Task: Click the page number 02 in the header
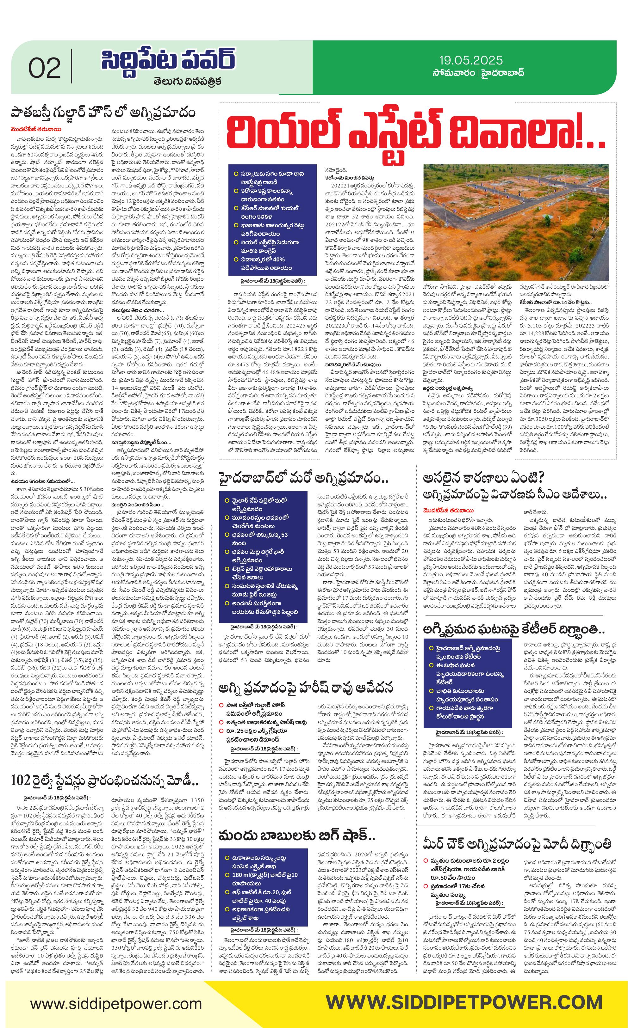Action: tap(44, 68)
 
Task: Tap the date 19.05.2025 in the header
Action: tap(470, 60)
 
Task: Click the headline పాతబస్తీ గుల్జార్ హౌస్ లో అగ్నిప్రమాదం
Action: tap(103, 113)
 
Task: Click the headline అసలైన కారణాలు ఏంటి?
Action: tap(484, 478)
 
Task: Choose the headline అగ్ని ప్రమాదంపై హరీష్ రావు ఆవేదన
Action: tap(306, 688)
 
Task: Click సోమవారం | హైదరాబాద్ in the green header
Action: tap(478, 73)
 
